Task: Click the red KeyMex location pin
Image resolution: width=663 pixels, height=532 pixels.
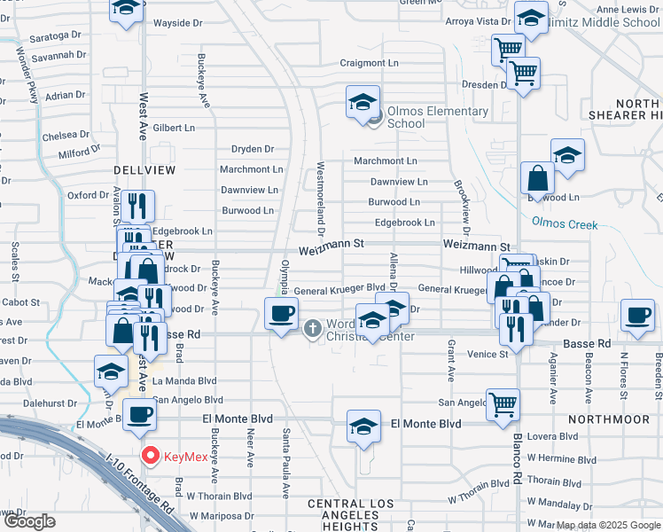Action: (x=151, y=457)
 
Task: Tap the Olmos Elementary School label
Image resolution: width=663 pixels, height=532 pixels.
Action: (x=437, y=117)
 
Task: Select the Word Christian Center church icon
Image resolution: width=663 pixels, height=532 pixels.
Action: (x=311, y=329)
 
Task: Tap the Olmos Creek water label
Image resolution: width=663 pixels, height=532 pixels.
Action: (x=565, y=224)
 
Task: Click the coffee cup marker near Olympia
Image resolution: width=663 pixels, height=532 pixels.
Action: (x=282, y=315)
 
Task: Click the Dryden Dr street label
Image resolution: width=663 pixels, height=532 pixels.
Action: (x=253, y=149)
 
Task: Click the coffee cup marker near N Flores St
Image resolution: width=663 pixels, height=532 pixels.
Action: (x=637, y=316)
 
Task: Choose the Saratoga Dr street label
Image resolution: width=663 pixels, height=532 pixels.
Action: (x=55, y=38)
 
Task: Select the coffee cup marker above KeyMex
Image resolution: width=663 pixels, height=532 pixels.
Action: (x=139, y=414)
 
